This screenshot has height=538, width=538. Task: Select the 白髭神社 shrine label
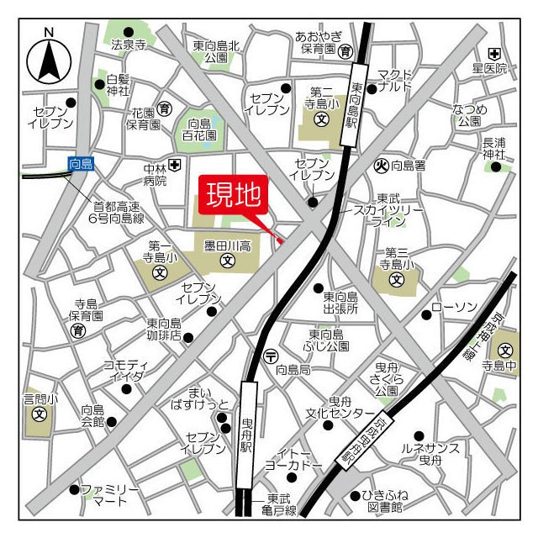(x=118, y=85)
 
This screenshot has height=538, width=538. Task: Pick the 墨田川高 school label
(x=225, y=245)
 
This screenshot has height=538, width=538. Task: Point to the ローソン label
(x=454, y=307)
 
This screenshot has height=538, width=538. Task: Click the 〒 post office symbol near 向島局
(x=270, y=353)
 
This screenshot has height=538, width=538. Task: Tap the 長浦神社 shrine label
(x=494, y=148)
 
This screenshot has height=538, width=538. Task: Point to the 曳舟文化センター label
(x=340, y=407)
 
